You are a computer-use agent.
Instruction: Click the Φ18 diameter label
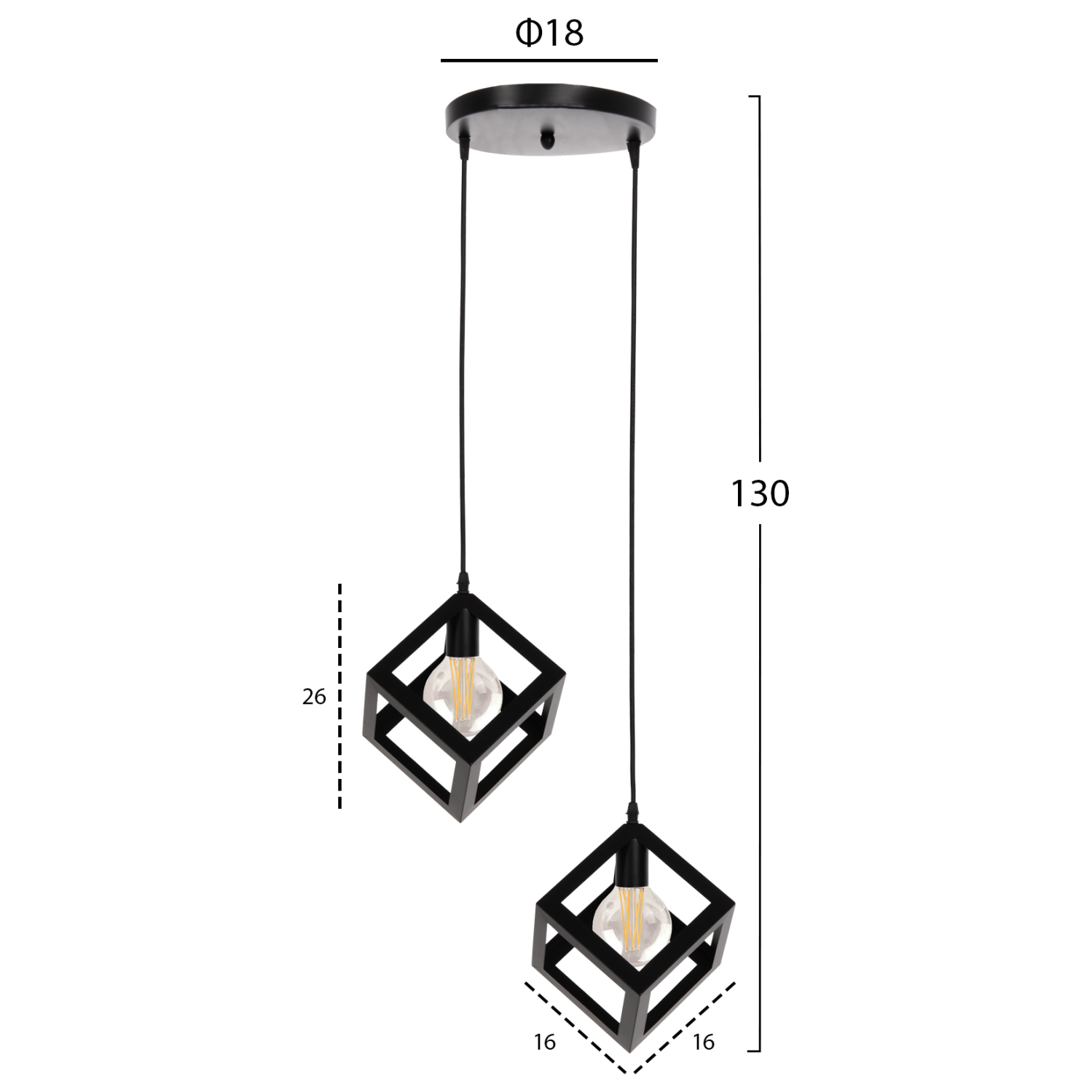(x=549, y=33)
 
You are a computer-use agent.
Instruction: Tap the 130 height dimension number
(x=760, y=494)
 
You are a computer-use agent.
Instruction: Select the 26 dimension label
(x=314, y=697)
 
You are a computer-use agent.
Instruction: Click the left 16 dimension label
(x=544, y=1042)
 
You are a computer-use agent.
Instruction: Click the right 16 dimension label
(x=703, y=1042)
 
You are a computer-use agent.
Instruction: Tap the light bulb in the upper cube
(x=463, y=689)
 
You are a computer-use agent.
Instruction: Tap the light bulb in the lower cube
(x=632, y=926)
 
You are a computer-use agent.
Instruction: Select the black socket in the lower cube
(x=632, y=866)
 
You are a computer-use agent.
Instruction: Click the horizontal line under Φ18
(x=549, y=60)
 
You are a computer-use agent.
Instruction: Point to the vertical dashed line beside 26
(x=339, y=695)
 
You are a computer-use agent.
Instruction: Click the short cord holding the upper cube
(x=462, y=364)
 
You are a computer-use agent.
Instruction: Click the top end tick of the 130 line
(x=755, y=96)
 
